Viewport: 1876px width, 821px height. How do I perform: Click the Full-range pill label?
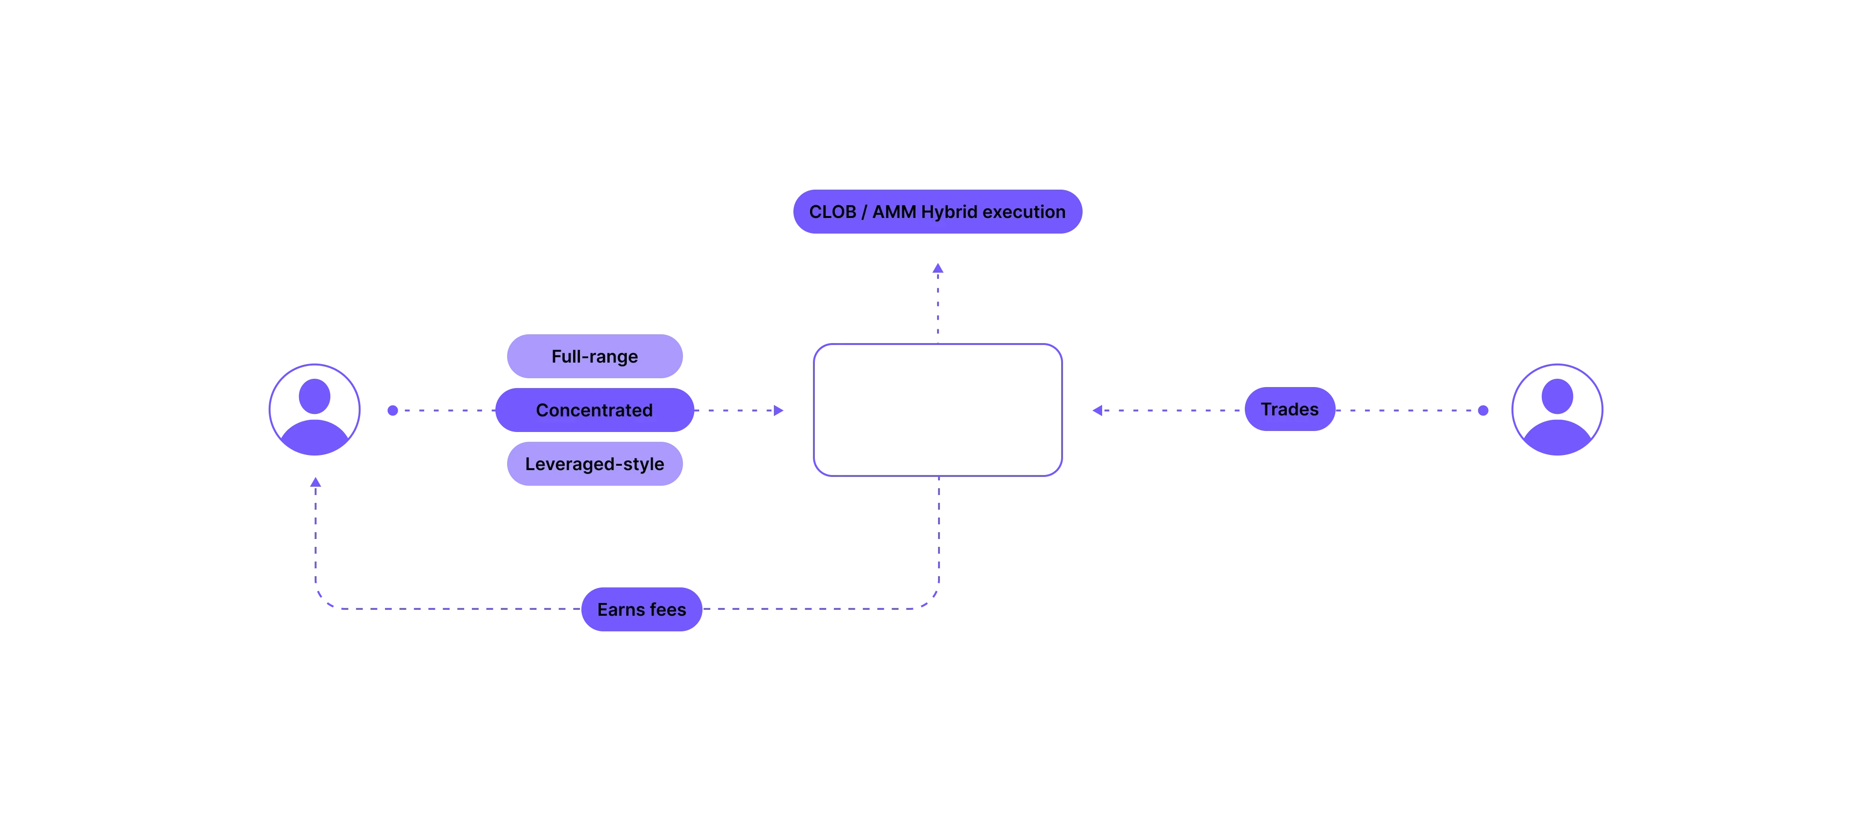[x=594, y=356]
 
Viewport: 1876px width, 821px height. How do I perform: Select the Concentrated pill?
[x=594, y=410]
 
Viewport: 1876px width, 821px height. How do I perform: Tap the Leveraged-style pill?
[x=594, y=464]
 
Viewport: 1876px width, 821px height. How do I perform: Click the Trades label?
[x=1289, y=410]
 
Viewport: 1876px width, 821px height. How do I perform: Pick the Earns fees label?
[x=641, y=610]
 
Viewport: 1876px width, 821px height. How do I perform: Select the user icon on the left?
[x=315, y=410]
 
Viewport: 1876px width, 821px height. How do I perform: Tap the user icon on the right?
[x=1557, y=410]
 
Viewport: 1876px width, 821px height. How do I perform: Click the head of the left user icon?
[x=315, y=395]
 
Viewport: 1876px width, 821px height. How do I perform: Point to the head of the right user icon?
[x=1557, y=395]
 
